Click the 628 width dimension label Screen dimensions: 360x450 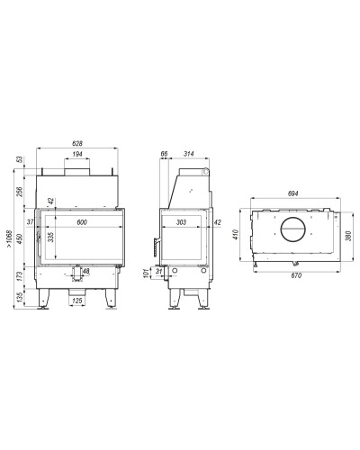77,144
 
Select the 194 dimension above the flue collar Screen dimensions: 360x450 77,154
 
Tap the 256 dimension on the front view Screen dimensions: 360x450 20,192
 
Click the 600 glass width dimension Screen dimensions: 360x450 82,222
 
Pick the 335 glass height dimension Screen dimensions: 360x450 51,238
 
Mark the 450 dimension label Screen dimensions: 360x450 20,238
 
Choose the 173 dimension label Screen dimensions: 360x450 20,276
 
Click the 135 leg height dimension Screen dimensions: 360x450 20,297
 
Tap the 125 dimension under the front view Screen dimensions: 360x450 77,301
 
